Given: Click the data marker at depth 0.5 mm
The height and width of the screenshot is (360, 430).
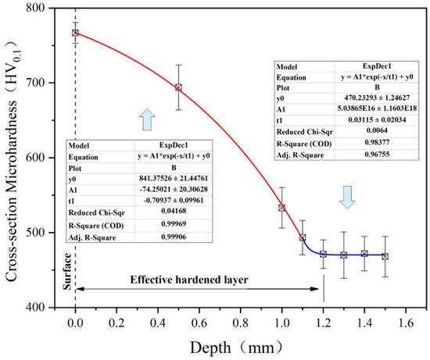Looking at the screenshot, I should (178, 88).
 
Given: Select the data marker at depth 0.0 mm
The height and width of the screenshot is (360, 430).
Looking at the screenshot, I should (75, 33).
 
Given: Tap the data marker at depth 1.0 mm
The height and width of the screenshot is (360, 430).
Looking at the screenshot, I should (281, 208).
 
